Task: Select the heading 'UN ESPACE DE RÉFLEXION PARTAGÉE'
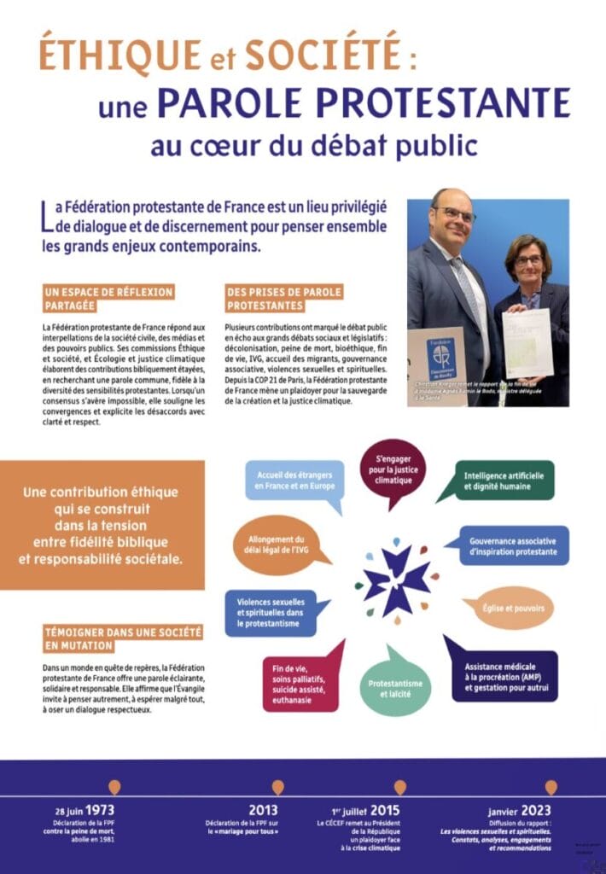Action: pyautogui.click(x=108, y=299)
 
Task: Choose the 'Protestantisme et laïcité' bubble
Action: pyautogui.click(x=396, y=689)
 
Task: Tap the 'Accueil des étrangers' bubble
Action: pyautogui.click(x=293, y=480)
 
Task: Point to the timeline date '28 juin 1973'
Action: pyautogui.click(x=82, y=809)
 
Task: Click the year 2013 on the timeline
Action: pyautogui.click(x=263, y=809)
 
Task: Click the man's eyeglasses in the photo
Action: pyautogui.click(x=453, y=213)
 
